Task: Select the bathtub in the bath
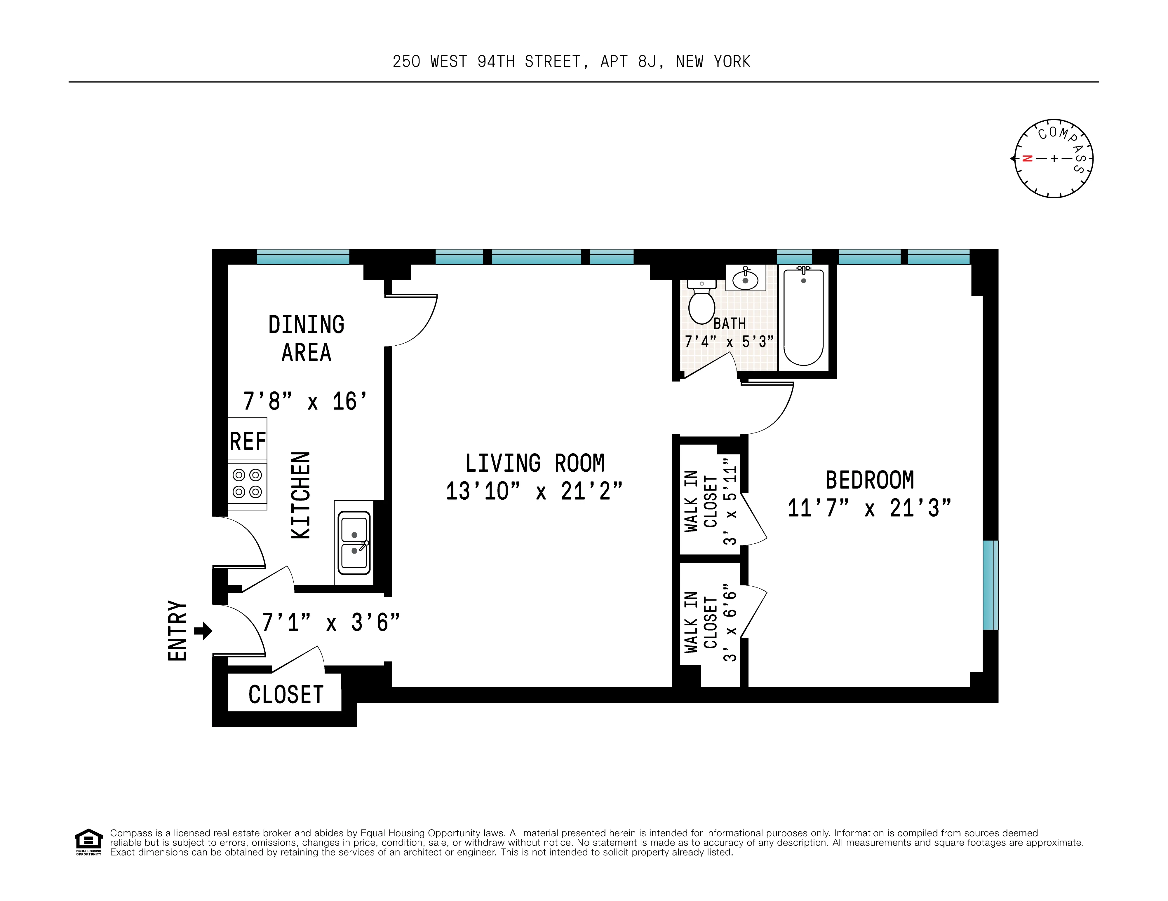803,317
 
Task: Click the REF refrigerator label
248,441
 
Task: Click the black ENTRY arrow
203,631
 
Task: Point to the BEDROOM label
870,480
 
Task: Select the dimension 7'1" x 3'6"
330,622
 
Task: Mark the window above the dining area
303,257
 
